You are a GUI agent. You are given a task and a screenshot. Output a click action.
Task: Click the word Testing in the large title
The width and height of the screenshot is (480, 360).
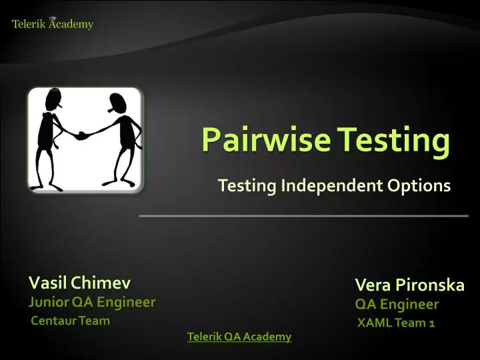click(393, 140)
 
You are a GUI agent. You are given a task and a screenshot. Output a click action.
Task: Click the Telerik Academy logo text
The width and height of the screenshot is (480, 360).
click(53, 24)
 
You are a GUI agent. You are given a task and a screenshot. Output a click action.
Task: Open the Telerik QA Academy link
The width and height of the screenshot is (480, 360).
click(239, 337)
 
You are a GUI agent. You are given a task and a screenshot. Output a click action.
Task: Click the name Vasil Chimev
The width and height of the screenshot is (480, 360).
click(79, 282)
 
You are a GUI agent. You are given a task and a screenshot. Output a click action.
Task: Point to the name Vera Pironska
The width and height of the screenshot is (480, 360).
click(409, 285)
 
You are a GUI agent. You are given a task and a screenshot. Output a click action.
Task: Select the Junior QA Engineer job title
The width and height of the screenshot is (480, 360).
click(91, 302)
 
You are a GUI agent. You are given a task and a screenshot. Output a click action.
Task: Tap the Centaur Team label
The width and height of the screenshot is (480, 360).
click(71, 321)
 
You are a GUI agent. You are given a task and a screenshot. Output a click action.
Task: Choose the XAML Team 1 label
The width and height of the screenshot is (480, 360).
click(396, 323)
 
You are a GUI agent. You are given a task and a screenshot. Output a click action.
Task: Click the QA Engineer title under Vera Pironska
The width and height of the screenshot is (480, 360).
click(397, 305)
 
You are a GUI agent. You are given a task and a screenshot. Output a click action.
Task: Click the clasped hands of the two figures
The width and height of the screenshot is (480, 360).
click(83, 135)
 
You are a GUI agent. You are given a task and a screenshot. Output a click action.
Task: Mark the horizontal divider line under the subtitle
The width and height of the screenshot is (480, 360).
click(303, 216)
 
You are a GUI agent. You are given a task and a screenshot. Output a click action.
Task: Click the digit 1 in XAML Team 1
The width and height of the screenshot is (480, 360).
click(432, 323)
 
